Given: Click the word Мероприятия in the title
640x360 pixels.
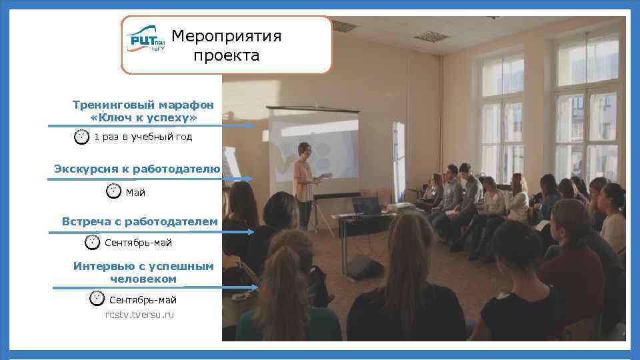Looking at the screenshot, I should [226, 36].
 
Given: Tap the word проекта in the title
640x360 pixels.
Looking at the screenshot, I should [226, 55].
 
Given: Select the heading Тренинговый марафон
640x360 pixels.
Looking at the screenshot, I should [143, 105].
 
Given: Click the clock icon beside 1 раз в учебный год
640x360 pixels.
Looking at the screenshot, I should [81, 137].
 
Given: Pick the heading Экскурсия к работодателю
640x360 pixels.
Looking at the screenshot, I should [137, 169].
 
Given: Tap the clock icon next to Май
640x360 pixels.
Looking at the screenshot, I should [114, 191].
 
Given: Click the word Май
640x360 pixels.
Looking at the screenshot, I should [135, 193].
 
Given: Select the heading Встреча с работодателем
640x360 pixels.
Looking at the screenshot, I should [139, 221].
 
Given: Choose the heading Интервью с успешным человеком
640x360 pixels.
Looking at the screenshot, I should [143, 272].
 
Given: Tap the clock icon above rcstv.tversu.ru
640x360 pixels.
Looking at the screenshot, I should [97, 298].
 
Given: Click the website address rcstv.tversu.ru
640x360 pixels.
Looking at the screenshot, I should [139, 315].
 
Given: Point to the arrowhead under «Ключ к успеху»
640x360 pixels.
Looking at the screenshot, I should [249, 125].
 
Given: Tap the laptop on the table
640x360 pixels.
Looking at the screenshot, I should [367, 205].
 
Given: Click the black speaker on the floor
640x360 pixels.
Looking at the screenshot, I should [364, 267].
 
